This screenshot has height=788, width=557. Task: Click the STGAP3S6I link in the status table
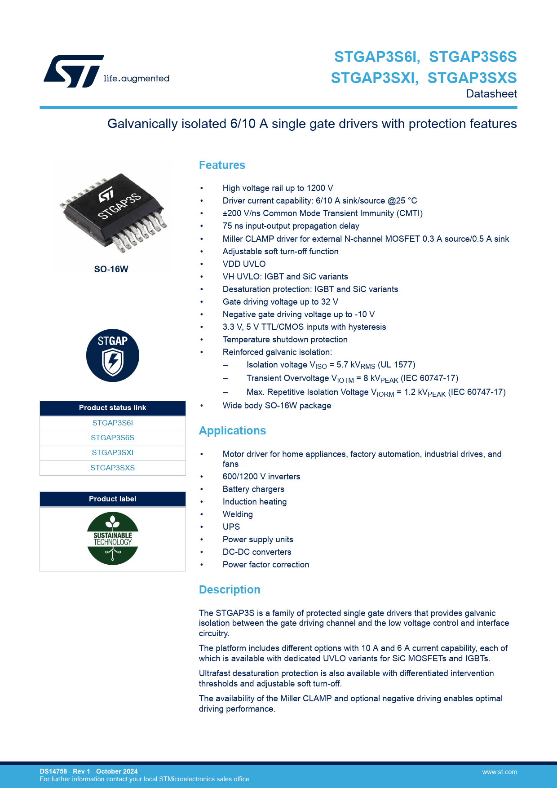pos(112,423)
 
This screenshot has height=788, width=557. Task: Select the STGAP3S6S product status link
pos(112,438)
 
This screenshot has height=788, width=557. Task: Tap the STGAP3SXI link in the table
pos(112,452)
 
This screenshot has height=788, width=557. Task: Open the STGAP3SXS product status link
pos(112,468)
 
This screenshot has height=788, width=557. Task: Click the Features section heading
pos(222,165)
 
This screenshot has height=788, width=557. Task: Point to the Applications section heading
pos(232,431)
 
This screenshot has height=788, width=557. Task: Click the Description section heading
pos(230,590)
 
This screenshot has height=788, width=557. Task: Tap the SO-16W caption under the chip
pos(111,269)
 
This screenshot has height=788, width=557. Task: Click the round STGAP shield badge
pos(113,355)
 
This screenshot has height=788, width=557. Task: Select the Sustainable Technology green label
pos(113,538)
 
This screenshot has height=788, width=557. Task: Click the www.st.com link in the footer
pos(500,772)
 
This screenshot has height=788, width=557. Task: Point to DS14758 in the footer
pos(53,771)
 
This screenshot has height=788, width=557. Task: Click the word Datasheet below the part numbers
pos(491,94)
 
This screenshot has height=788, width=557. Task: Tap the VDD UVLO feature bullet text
pos(244,264)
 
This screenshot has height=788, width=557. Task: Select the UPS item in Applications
pos(231,527)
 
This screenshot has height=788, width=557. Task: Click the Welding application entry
pos(238,514)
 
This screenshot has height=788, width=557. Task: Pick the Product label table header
pos(112,499)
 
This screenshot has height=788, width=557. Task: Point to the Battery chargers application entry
pos(253,489)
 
